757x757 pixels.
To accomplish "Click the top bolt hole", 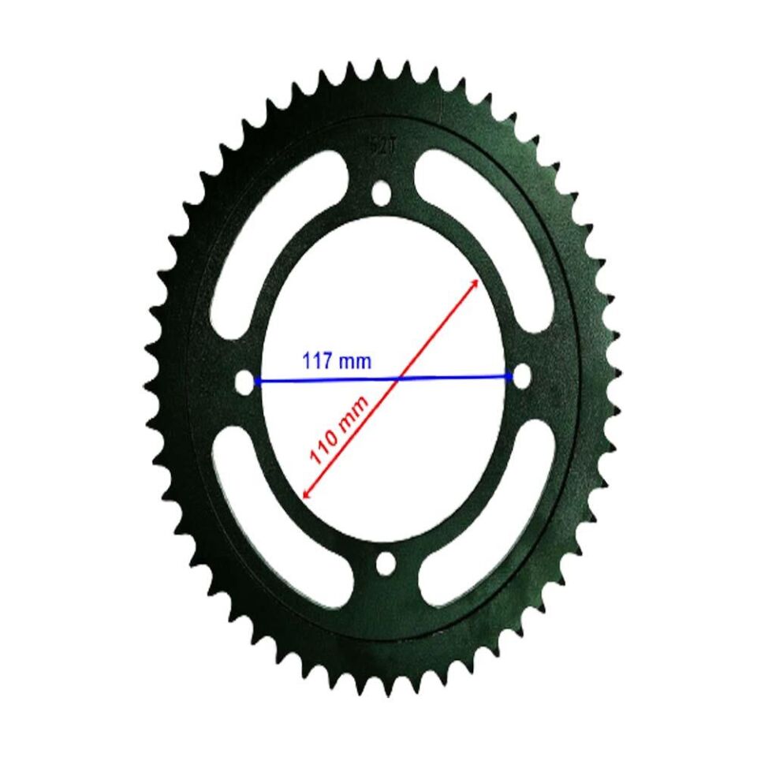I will point(381,192).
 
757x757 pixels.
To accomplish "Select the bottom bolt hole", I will point(386,563).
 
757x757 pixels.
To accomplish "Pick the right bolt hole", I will point(521,375).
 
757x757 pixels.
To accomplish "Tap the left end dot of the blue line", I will point(257,382).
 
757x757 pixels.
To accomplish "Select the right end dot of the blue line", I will point(510,376).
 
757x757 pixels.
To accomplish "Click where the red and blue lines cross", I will point(397,378).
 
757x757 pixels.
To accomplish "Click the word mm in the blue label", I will point(354,363).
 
